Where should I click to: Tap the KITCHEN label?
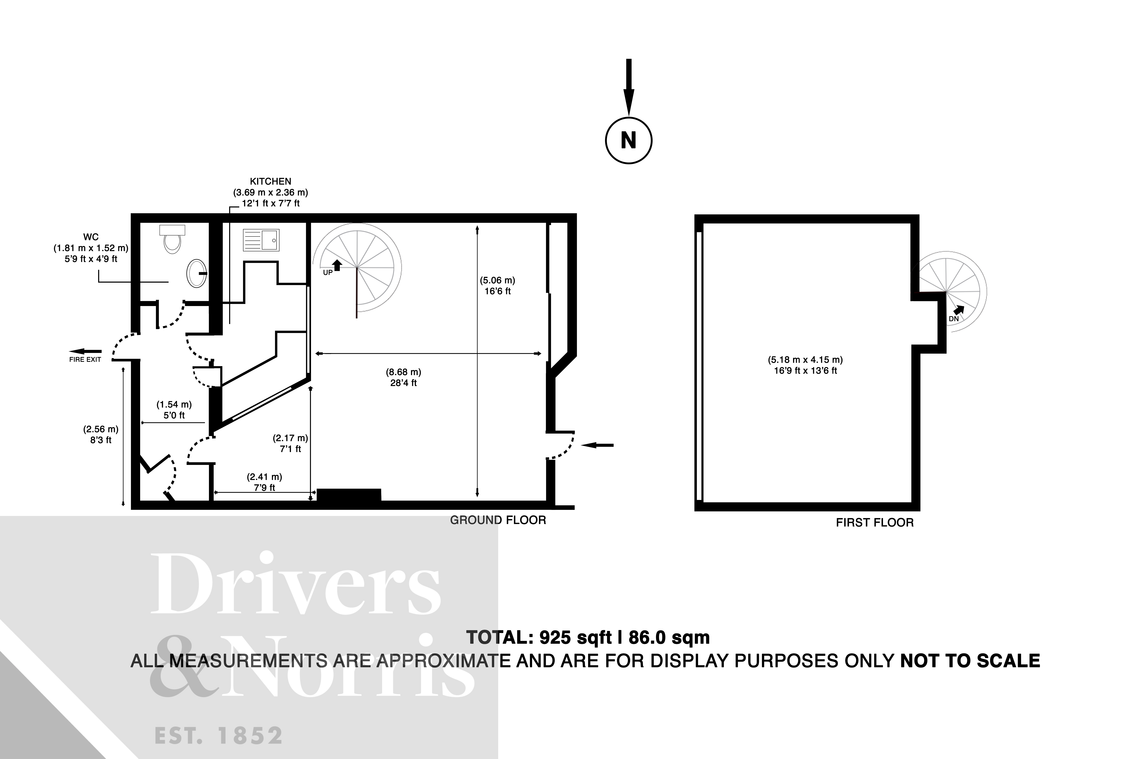[270, 182]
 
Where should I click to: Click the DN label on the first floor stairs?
[953, 319]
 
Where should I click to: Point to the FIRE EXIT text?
[85, 360]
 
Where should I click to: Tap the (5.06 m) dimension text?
[497, 280]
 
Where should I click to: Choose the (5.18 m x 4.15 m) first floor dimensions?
[805, 360]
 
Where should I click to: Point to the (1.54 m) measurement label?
[174, 404]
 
